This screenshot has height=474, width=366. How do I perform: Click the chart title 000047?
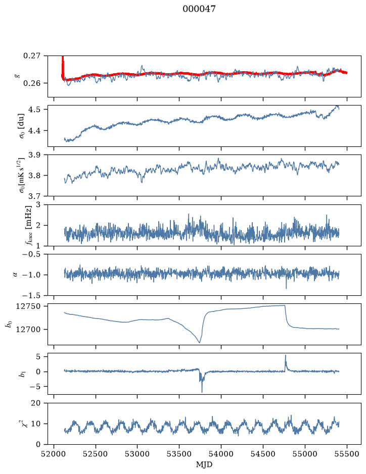(x=199, y=9)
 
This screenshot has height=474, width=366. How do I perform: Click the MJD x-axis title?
(x=204, y=464)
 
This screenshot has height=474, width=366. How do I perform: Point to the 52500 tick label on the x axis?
(x=96, y=454)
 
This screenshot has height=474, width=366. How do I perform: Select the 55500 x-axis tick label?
(x=347, y=454)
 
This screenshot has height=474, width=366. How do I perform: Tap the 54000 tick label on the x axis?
(x=221, y=454)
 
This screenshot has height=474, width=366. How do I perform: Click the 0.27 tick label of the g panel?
(x=32, y=56)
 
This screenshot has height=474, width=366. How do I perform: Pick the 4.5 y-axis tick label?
(x=34, y=110)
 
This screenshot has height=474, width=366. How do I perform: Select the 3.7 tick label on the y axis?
(x=34, y=196)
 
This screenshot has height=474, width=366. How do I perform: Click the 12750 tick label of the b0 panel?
(x=28, y=306)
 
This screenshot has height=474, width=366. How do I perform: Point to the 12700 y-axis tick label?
(x=28, y=329)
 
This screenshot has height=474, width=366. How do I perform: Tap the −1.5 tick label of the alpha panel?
(x=31, y=295)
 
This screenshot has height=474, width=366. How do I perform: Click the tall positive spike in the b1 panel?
(x=285, y=356)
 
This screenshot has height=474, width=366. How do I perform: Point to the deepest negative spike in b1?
(x=202, y=392)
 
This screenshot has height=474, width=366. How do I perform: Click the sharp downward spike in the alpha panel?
(x=286, y=288)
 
